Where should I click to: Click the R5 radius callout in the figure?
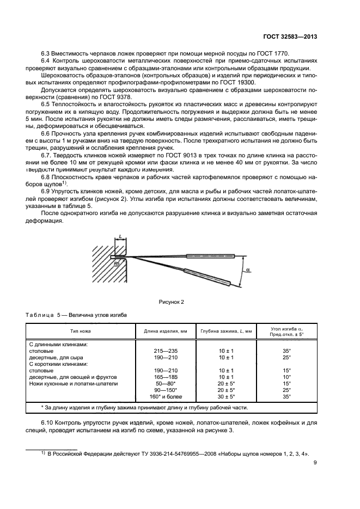pyautogui.click(x=117, y=262)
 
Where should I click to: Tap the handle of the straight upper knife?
pyautogui.click(x=210, y=255)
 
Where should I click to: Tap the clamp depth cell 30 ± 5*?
pyautogui.click(x=226, y=396)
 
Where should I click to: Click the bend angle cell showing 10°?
pyautogui.click(x=286, y=377)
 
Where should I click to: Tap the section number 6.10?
pyautogui.click(x=48, y=424)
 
